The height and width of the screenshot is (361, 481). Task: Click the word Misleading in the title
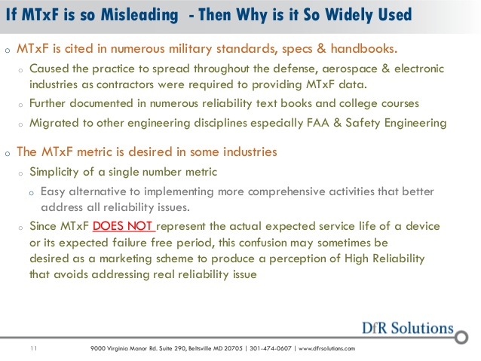coord(139,15)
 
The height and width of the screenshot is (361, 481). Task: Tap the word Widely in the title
coord(348,14)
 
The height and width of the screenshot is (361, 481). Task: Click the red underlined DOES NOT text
coord(124,226)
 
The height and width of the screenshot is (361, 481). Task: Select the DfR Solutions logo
coord(407,328)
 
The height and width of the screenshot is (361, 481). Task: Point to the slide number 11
coord(34,348)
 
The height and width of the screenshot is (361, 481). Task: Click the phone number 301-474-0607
coord(270,348)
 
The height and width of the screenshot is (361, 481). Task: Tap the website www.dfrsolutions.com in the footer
coord(326,348)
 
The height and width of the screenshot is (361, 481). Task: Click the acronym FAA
coord(318,123)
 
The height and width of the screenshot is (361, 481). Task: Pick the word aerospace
coord(349,69)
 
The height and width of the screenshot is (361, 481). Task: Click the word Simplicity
coord(54,172)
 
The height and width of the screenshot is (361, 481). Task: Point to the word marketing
coord(125,259)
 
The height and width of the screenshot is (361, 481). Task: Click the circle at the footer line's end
coord(461,337)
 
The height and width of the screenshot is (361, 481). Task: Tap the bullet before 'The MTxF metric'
coord(8,153)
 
